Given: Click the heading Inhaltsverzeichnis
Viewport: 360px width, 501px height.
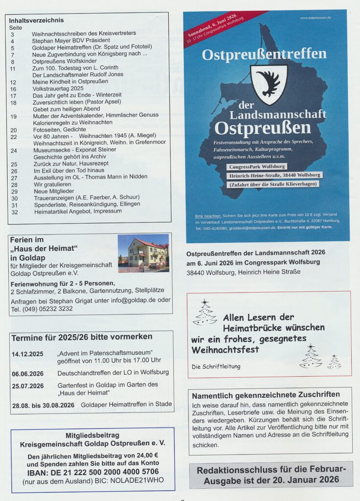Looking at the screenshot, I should (x=37, y=21).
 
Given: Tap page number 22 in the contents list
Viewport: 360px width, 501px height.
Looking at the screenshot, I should (x=14, y=137).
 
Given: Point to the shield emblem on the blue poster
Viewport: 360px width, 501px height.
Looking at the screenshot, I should (x=269, y=84).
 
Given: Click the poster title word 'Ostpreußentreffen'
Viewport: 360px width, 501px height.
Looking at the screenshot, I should (x=264, y=54).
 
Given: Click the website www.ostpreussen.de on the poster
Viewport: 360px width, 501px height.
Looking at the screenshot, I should (x=315, y=18).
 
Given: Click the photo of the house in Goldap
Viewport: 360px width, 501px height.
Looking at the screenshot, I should (x=143, y=252).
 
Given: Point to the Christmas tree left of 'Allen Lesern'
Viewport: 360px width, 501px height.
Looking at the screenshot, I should (x=205, y=313).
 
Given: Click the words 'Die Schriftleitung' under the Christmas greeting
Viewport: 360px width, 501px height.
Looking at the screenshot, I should (x=216, y=366).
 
